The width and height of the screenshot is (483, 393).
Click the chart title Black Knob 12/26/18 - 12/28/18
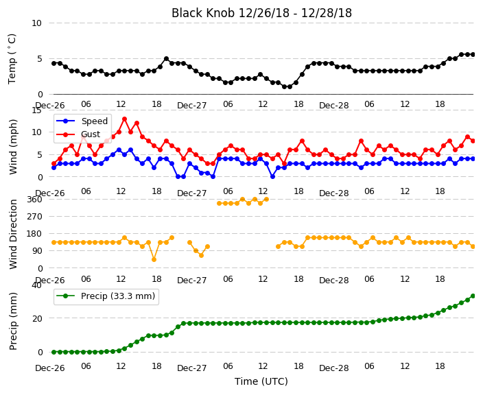point(261,13)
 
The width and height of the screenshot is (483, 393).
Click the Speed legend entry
point(82,121)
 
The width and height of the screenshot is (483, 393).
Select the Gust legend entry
point(78,134)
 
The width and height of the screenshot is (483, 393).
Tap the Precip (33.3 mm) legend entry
point(106,296)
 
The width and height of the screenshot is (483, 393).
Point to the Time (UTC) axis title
point(261,381)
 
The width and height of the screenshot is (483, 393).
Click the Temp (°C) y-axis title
point(12,59)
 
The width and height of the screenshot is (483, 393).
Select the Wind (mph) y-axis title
point(13,147)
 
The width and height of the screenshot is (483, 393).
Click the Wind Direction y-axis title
point(13,234)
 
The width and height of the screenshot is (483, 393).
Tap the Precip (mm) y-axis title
point(13,321)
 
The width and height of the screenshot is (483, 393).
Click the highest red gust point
point(124,119)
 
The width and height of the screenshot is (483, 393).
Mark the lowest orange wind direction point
point(154,260)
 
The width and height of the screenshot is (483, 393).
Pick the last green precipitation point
point(473,296)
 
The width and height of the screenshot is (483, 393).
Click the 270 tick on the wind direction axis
point(34,217)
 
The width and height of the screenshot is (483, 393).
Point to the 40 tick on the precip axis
point(37,285)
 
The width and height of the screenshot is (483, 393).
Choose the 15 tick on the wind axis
point(37,110)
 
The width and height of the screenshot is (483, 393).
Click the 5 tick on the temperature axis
point(40,59)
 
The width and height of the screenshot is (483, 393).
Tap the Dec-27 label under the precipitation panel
point(192,368)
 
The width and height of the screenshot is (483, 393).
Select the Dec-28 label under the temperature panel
point(334,106)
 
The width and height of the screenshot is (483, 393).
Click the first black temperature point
point(54,64)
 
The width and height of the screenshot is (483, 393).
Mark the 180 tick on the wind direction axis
point(34,234)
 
